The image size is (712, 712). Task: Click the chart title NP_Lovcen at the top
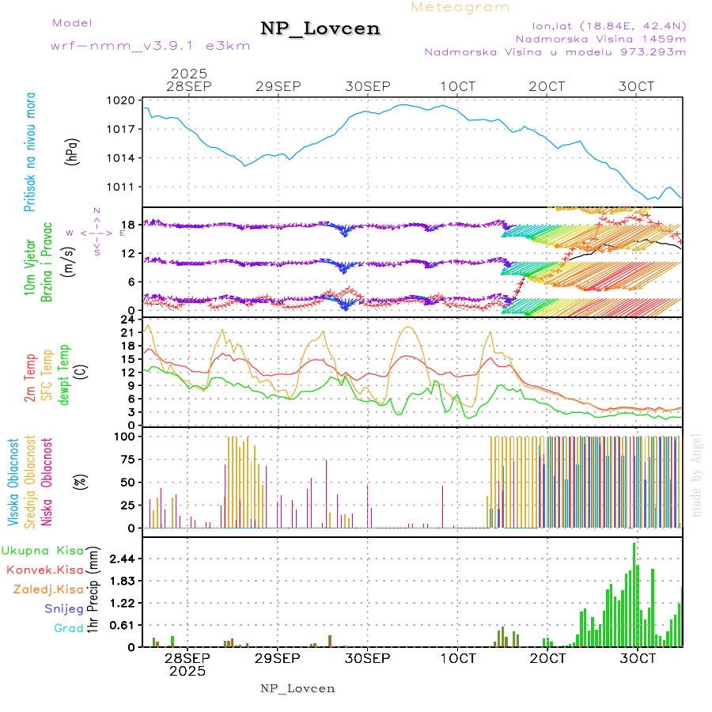[320, 28]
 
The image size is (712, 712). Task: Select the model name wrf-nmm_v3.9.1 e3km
[150, 45]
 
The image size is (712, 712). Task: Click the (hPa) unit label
[72, 150]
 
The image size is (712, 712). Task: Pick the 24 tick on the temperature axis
[127, 320]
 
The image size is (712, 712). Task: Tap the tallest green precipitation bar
[634, 594]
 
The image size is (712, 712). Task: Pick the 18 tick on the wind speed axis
[127, 225]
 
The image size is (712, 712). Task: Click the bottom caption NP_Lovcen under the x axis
[297, 688]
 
